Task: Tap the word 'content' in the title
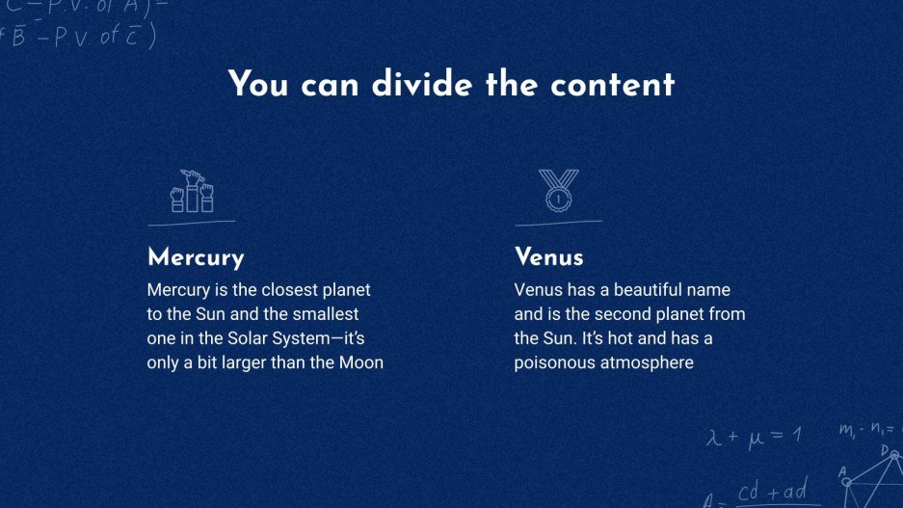coord(612,85)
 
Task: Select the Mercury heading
coord(196,257)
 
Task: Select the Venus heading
coord(549,257)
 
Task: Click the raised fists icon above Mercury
coord(191,191)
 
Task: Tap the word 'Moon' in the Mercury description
coord(360,363)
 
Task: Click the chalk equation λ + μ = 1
coord(754,436)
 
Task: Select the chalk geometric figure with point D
coord(873,472)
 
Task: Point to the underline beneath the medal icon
coord(558,223)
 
